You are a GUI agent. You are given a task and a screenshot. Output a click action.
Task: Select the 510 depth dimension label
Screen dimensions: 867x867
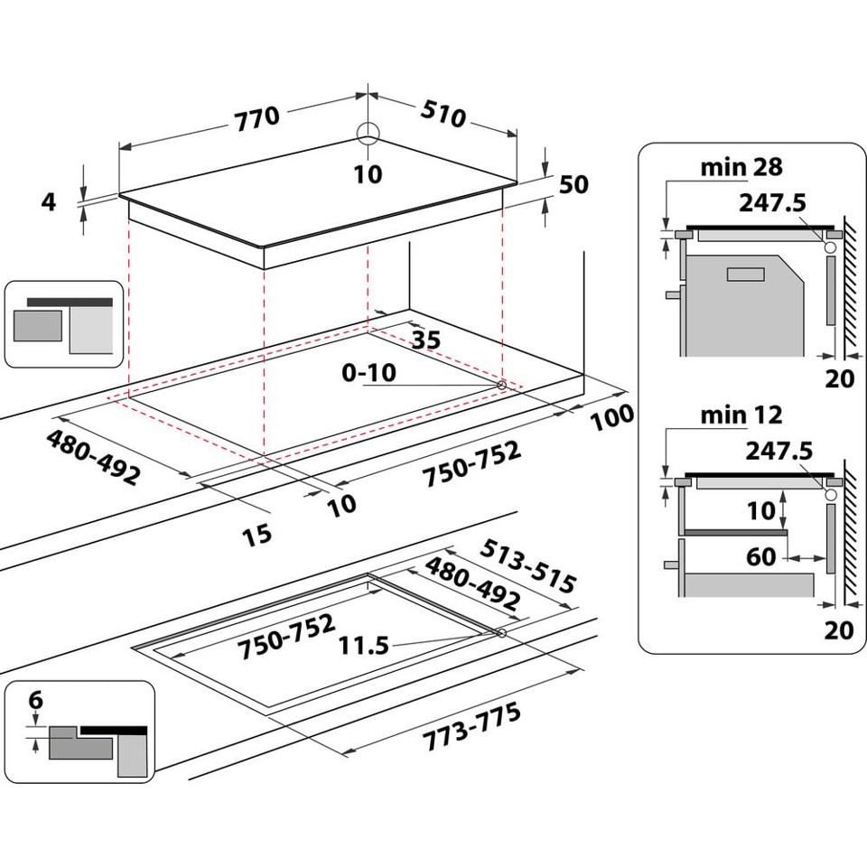click(443, 114)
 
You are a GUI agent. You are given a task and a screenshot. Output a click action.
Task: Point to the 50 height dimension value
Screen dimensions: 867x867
click(573, 184)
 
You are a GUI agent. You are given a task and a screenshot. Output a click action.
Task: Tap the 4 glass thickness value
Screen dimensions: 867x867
click(49, 201)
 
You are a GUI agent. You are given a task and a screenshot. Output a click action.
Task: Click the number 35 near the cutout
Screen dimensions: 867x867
click(425, 340)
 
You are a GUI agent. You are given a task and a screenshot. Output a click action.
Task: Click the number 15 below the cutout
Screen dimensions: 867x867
click(256, 535)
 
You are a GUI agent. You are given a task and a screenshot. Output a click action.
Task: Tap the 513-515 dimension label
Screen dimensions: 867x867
click(527, 566)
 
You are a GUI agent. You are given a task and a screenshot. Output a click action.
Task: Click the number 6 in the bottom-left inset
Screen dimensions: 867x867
click(35, 700)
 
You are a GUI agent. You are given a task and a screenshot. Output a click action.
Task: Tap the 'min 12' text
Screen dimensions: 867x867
click(741, 415)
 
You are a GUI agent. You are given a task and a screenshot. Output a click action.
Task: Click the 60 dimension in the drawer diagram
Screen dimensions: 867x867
click(761, 557)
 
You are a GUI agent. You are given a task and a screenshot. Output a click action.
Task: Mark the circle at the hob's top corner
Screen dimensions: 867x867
click(368, 134)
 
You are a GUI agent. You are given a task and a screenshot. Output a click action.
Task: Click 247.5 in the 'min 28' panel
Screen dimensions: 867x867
click(771, 202)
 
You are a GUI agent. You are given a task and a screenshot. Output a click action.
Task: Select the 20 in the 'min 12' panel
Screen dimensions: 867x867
click(839, 629)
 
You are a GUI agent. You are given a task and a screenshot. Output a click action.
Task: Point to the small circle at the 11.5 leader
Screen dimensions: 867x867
click(499, 634)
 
